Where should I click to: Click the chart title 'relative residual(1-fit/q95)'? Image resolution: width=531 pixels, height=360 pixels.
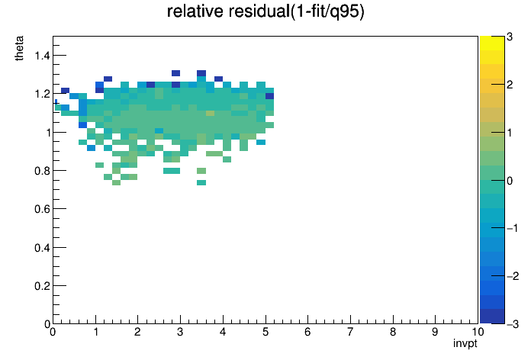[265, 11]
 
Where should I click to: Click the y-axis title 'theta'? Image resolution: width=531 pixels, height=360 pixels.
[19, 48]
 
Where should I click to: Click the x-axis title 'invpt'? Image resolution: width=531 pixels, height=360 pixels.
[465, 343]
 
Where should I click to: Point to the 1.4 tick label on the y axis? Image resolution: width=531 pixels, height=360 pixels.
[42, 55]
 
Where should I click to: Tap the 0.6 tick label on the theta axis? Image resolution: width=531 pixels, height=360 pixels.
[42, 209]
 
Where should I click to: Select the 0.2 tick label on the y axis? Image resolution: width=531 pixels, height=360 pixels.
[42, 286]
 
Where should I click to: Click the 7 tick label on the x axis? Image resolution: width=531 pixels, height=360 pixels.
[350, 332]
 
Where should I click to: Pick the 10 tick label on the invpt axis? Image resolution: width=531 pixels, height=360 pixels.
[477, 332]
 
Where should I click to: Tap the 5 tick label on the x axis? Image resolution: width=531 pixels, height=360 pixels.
[265, 332]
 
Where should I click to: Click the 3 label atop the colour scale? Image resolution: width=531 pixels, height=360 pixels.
[510, 37]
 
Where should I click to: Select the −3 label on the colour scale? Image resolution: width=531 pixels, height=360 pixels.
[513, 324]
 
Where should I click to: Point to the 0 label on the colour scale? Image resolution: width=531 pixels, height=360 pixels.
[510, 181]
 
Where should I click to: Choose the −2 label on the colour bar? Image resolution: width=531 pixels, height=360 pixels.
[513, 276]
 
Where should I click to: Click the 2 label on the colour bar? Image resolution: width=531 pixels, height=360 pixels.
[510, 85]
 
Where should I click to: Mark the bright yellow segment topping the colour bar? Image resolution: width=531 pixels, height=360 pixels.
[492, 43]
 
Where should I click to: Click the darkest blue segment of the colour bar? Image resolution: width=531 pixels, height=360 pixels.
[492, 317]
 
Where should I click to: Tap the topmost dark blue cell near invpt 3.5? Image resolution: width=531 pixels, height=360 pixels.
[201, 73]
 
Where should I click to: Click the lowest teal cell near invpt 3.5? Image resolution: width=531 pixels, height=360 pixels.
[201, 183]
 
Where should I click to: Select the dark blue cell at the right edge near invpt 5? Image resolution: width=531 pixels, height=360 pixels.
[269, 96]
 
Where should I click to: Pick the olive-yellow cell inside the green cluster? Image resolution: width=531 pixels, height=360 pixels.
[210, 113]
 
